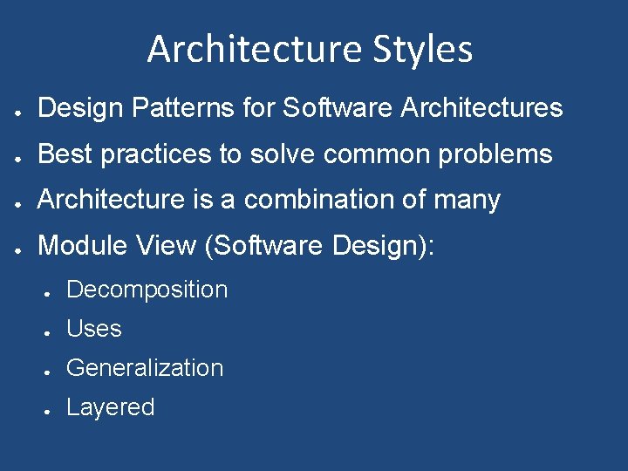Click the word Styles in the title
coord(417,50)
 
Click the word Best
coord(65,154)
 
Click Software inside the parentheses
coord(267,246)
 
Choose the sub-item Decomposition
coord(147,290)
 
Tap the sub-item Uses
coord(93,329)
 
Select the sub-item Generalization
coord(145,368)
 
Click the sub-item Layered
coord(110,407)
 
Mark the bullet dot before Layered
coord(50,409)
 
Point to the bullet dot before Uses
coord(50,331)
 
